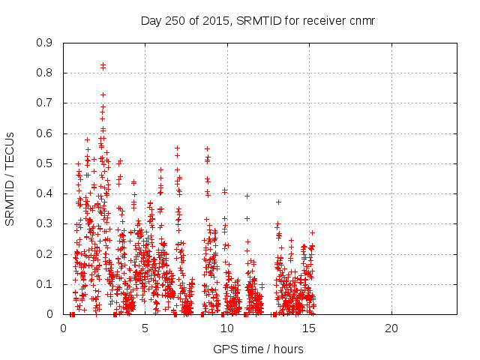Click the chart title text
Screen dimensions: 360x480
coord(258,19)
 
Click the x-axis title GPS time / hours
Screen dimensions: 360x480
coord(258,349)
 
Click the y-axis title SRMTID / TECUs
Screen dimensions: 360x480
coord(10,178)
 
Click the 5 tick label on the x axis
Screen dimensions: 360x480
coord(145,328)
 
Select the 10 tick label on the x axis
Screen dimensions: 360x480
coord(227,328)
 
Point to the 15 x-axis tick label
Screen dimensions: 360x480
coord(309,328)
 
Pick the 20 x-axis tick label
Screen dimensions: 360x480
coord(391,328)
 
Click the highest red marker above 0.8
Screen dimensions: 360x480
coord(103,65)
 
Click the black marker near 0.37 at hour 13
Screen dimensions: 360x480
coord(278,202)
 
